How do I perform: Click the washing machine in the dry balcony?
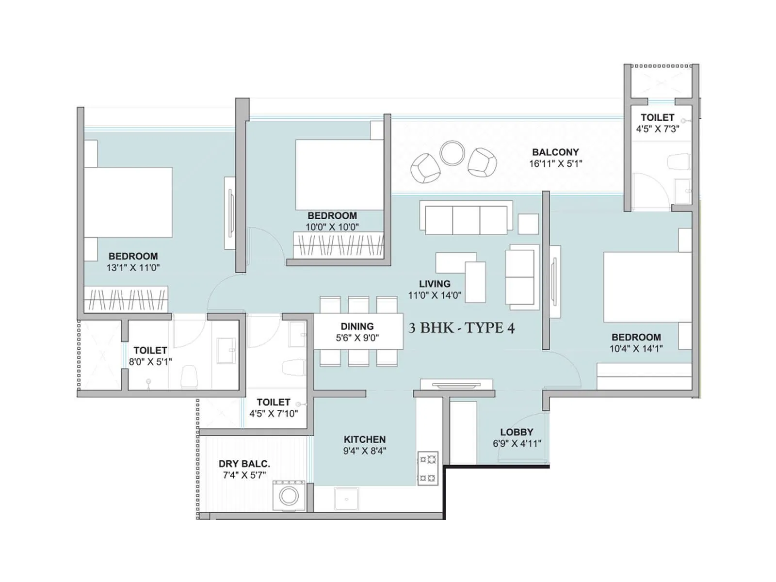(x=289, y=496)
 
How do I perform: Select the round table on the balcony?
(x=452, y=153)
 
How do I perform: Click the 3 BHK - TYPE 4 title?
(x=461, y=328)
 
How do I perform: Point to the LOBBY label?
(x=517, y=432)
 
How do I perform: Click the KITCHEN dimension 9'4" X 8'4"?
(x=364, y=451)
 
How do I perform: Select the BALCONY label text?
(x=555, y=152)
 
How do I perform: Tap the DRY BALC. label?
(x=244, y=464)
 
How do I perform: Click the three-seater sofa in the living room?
(x=466, y=220)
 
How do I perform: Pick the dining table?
(x=358, y=332)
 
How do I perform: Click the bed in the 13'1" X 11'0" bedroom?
(x=128, y=202)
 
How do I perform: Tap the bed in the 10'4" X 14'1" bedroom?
(x=647, y=287)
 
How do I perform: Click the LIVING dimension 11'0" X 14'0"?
(x=435, y=295)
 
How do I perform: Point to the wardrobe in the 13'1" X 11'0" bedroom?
(x=126, y=299)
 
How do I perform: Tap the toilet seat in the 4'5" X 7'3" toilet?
(x=679, y=162)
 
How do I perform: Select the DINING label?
(x=357, y=326)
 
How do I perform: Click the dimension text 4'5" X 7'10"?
(x=274, y=414)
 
